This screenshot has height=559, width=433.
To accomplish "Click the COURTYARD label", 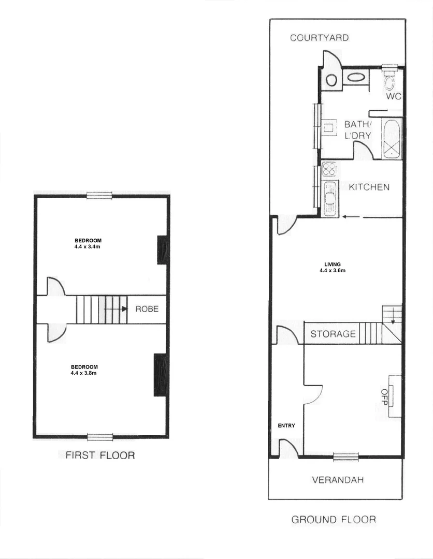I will click(319, 38).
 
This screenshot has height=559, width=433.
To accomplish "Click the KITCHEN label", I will click(369, 187).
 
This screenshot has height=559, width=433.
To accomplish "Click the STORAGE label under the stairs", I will click(333, 334).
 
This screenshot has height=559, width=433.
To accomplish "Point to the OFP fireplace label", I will click(385, 397).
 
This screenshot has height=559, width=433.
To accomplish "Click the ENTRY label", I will click(286, 426).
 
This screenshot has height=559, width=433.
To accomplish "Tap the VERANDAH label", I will click(338, 480).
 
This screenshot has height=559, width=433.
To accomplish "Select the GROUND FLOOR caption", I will click(334, 519).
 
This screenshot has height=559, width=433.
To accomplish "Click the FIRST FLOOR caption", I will click(100, 455).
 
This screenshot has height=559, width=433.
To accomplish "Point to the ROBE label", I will click(147, 309).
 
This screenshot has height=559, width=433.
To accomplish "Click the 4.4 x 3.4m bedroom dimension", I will click(88, 247).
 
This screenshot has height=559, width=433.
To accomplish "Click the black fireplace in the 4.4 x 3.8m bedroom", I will click(160, 375).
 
